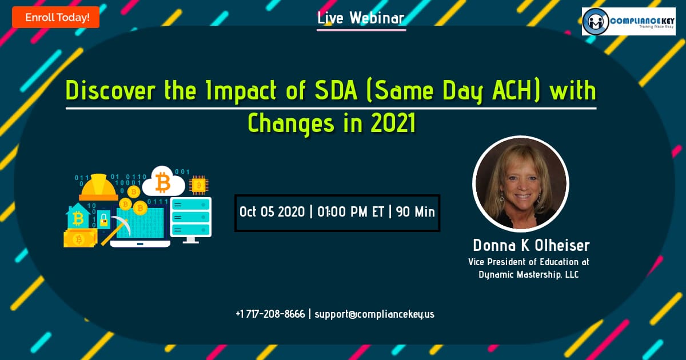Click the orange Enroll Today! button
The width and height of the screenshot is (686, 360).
(x=56, y=18)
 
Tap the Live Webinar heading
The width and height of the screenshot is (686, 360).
(x=361, y=18)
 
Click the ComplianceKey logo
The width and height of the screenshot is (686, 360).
(x=628, y=22)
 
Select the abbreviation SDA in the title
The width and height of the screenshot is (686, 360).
(x=336, y=91)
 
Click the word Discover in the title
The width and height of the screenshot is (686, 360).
(x=110, y=91)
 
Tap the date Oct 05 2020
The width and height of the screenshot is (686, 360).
(x=272, y=212)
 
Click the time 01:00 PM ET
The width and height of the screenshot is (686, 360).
(x=350, y=212)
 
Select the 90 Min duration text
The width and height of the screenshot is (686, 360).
(x=415, y=212)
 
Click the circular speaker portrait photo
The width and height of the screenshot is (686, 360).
(x=521, y=183)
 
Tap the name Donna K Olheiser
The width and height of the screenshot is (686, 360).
(x=531, y=246)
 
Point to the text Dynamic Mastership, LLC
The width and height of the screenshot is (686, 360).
(x=529, y=275)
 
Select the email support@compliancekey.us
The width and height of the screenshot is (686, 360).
(x=374, y=314)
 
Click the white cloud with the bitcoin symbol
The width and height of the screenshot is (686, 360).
(x=163, y=181)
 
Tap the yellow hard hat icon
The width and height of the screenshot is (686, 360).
(x=98, y=187)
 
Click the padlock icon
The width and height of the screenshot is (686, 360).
(x=104, y=219)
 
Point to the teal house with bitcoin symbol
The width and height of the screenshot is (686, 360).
(x=78, y=216)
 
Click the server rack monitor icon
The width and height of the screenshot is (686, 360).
(x=191, y=220)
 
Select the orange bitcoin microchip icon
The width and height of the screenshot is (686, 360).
(x=198, y=185)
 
